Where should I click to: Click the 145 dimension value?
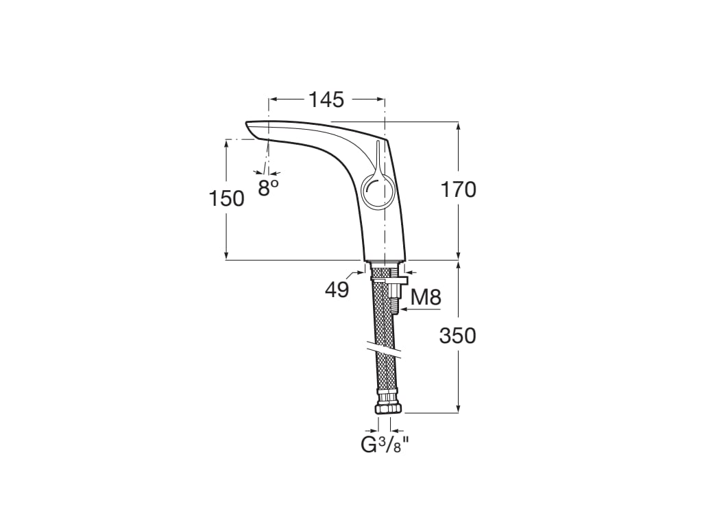coord(326,99)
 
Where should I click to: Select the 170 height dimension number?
coord(459,189)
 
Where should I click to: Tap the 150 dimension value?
coord(226,198)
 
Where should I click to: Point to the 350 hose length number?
coord(458,336)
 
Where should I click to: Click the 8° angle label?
coord(268,188)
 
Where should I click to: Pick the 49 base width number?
coord(337,290)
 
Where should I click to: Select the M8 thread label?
coord(425,297)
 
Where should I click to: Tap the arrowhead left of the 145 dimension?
coord(272,99)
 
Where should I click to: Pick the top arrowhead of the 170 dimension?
coord(458,126)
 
